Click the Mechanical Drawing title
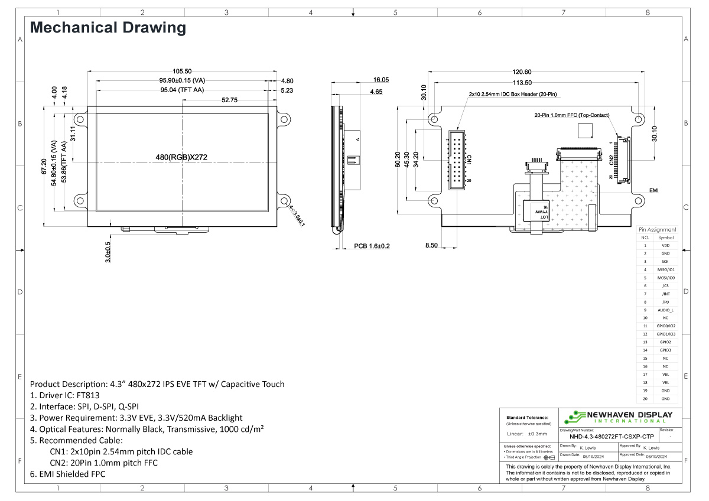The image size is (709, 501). point(108,27)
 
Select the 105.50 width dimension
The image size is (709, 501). point(181,71)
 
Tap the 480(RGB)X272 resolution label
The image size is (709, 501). point(181,157)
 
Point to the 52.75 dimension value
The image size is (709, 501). point(229,100)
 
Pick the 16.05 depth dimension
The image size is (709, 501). point(380,80)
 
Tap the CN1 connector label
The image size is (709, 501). point(469,160)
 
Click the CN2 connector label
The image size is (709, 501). point(611,159)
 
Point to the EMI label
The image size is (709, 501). point(653,191)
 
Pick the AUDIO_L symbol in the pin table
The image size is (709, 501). point(665,310)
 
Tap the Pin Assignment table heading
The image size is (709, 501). point(658,229)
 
